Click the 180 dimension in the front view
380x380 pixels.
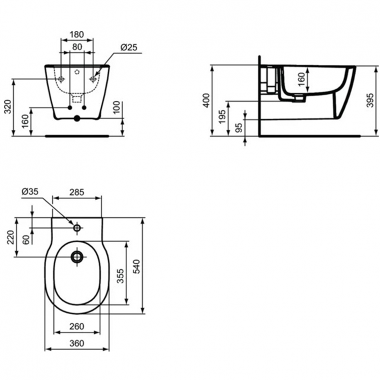coord(77,34)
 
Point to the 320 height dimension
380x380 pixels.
coord(7,107)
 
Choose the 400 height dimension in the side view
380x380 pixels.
coord(206,100)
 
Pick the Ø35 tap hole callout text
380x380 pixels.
coord(30,192)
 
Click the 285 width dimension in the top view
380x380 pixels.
coord(77,193)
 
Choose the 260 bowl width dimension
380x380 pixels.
coord(77,326)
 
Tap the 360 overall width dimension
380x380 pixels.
coord(77,343)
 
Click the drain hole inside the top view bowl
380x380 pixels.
coord(77,257)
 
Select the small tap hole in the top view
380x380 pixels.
coord(77,229)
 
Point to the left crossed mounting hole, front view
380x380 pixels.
coord(61,79)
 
